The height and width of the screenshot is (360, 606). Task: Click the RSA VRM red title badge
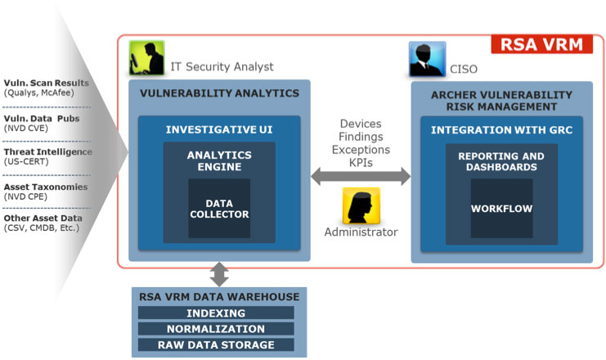pos(542,44)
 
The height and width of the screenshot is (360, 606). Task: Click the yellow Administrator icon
pos(361,205)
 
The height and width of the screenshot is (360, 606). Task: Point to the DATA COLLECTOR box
pos(218,208)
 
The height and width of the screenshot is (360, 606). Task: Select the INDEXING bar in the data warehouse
pos(216,313)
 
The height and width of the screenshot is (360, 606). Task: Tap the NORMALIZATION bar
pos(216,329)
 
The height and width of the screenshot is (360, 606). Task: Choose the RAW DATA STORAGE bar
pos(216,345)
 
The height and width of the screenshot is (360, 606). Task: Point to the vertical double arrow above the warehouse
pos(219,272)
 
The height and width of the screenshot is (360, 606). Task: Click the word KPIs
pos(361,164)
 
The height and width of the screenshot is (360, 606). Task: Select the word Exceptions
pos(361,151)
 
